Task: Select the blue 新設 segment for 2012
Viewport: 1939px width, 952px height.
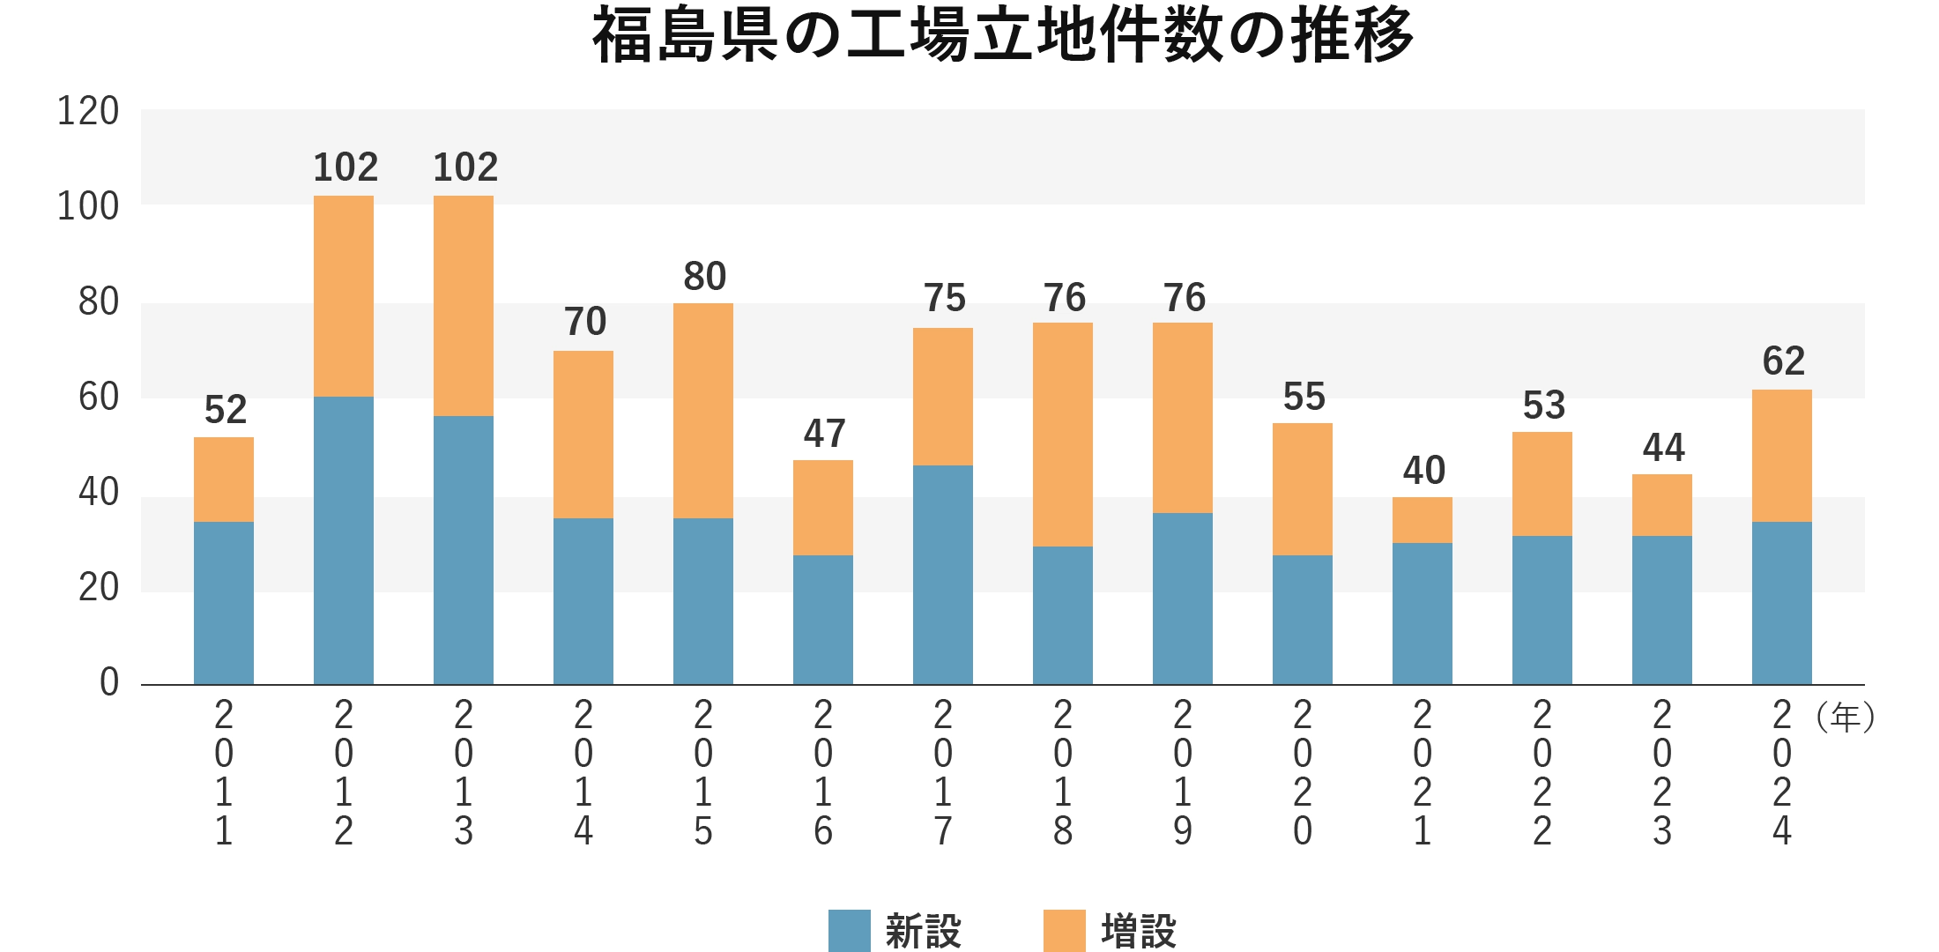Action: point(344,539)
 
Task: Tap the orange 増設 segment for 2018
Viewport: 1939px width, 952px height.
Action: point(1063,435)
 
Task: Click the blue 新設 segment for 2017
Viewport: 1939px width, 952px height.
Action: point(943,574)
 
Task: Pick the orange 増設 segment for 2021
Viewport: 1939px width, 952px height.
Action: point(1423,520)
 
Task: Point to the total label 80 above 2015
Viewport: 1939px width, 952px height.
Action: point(704,277)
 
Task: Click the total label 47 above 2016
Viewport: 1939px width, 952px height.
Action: point(824,434)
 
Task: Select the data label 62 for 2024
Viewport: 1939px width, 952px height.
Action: point(1783,361)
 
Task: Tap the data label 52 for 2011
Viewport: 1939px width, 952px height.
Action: point(225,410)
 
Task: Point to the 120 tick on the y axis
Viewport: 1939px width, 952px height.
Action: point(88,112)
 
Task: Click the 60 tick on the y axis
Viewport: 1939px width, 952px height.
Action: point(98,398)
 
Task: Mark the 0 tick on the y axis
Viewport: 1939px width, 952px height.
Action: point(109,682)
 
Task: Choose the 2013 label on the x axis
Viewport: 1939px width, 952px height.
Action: point(464,773)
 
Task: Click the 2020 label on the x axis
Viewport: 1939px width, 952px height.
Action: point(1303,773)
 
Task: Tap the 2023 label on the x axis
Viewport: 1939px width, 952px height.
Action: point(1662,773)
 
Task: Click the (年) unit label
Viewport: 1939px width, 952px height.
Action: point(1845,718)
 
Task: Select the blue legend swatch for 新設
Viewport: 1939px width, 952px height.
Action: point(850,931)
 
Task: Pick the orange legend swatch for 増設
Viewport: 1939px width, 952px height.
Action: point(1065,931)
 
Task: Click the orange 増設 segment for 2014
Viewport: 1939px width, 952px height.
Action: point(583,435)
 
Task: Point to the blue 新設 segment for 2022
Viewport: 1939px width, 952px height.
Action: point(1542,610)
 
